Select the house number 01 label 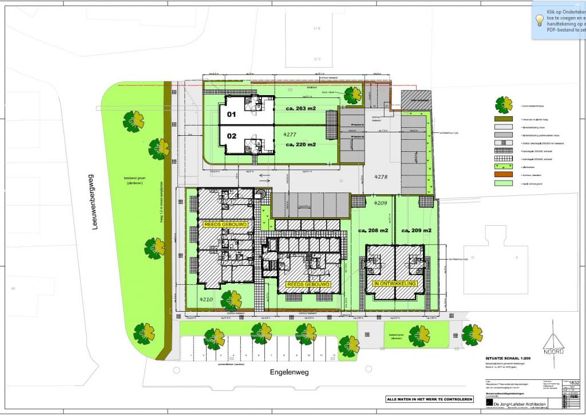click(231, 114)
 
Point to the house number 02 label click(231, 136)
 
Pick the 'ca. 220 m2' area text click(301, 144)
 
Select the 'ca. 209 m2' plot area click(416, 230)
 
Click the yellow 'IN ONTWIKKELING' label click(394, 284)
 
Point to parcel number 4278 click(381, 177)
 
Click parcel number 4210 click(206, 299)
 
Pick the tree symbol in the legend click(504, 105)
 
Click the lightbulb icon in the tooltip click(539, 19)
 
